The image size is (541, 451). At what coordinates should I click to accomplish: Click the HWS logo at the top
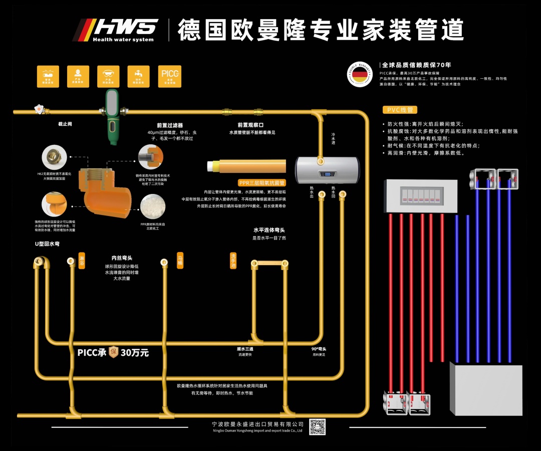(116, 30)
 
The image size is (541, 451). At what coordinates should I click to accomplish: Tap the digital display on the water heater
(328, 175)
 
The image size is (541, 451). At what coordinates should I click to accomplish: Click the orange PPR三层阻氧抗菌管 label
(262, 183)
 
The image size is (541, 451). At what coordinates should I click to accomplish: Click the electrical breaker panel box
(421, 195)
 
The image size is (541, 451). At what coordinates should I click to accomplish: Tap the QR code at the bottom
(317, 426)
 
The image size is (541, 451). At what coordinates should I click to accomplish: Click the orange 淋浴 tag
(82, 261)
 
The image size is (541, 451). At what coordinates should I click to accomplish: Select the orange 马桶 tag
(180, 261)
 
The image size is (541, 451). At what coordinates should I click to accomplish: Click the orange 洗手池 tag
(233, 261)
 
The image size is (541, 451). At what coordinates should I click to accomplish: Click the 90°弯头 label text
(319, 349)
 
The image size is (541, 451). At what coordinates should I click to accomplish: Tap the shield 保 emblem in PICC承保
(113, 352)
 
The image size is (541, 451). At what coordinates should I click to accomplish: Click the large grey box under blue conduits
(485, 389)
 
